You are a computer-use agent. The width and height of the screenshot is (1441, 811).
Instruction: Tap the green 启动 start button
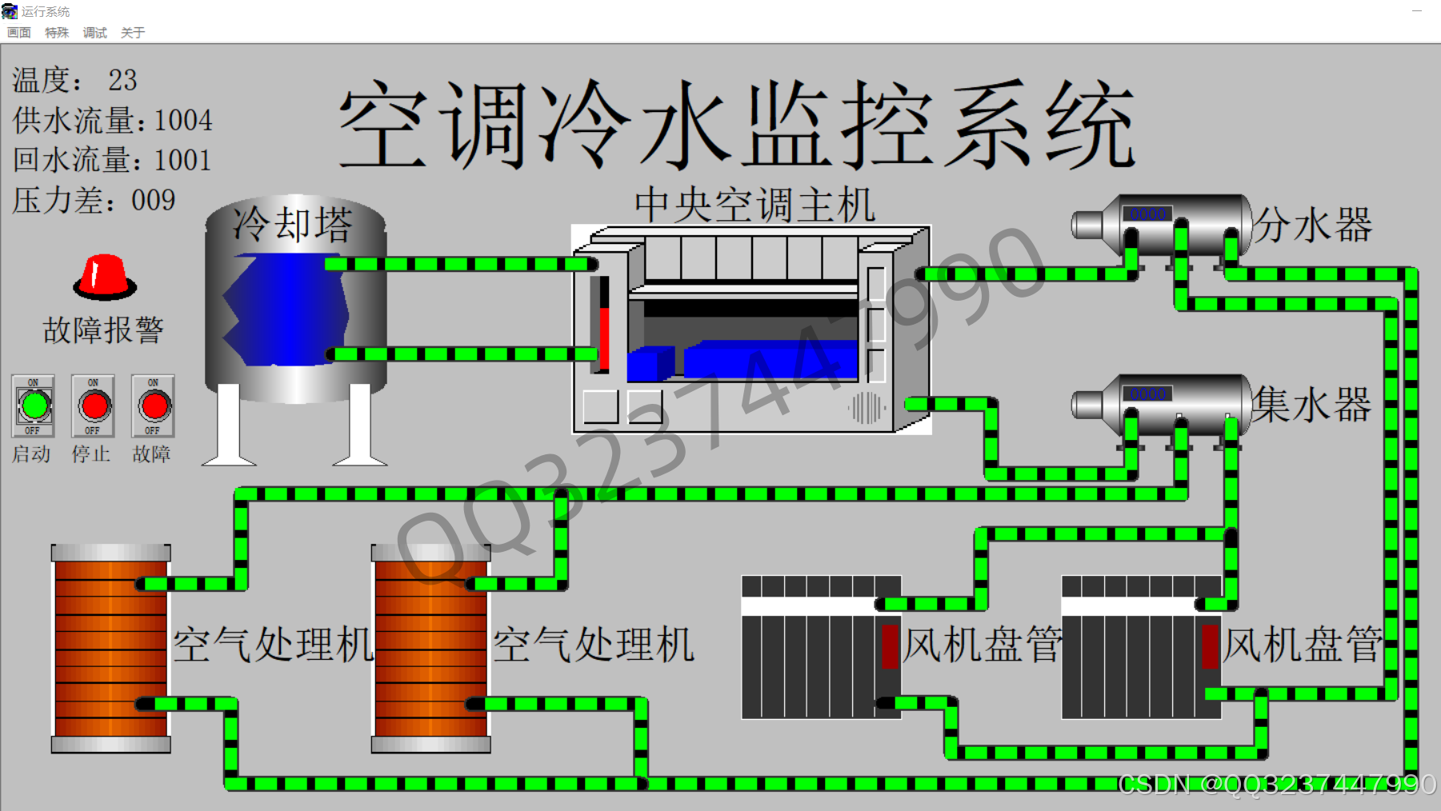click(x=34, y=406)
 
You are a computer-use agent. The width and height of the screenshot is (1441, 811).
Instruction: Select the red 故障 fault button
click(x=154, y=406)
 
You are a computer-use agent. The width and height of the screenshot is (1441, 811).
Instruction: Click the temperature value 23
click(x=122, y=80)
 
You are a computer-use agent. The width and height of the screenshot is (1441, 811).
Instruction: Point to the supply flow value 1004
click(x=183, y=120)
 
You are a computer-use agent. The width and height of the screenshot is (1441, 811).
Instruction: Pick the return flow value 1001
click(x=182, y=160)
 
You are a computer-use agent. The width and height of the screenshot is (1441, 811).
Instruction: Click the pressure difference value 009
click(x=154, y=200)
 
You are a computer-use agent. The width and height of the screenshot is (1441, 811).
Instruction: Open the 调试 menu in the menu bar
click(x=94, y=33)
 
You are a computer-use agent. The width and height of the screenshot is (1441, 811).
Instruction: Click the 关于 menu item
click(x=133, y=33)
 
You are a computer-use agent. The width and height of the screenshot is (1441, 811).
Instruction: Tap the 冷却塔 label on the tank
click(x=293, y=224)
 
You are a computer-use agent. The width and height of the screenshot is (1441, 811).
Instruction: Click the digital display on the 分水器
click(x=1147, y=214)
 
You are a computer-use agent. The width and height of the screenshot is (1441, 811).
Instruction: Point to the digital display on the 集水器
click(x=1147, y=394)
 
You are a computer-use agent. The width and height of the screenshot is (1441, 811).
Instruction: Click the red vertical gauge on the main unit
click(x=604, y=325)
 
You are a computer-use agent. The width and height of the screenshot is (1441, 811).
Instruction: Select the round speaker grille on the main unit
click(x=866, y=408)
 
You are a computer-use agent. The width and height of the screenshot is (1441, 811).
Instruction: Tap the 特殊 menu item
click(x=57, y=33)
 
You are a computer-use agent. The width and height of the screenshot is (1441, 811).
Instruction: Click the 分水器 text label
click(x=1312, y=225)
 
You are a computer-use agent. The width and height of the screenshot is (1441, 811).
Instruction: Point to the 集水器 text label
click(x=1312, y=405)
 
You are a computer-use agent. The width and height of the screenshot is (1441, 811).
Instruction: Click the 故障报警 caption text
click(x=103, y=330)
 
